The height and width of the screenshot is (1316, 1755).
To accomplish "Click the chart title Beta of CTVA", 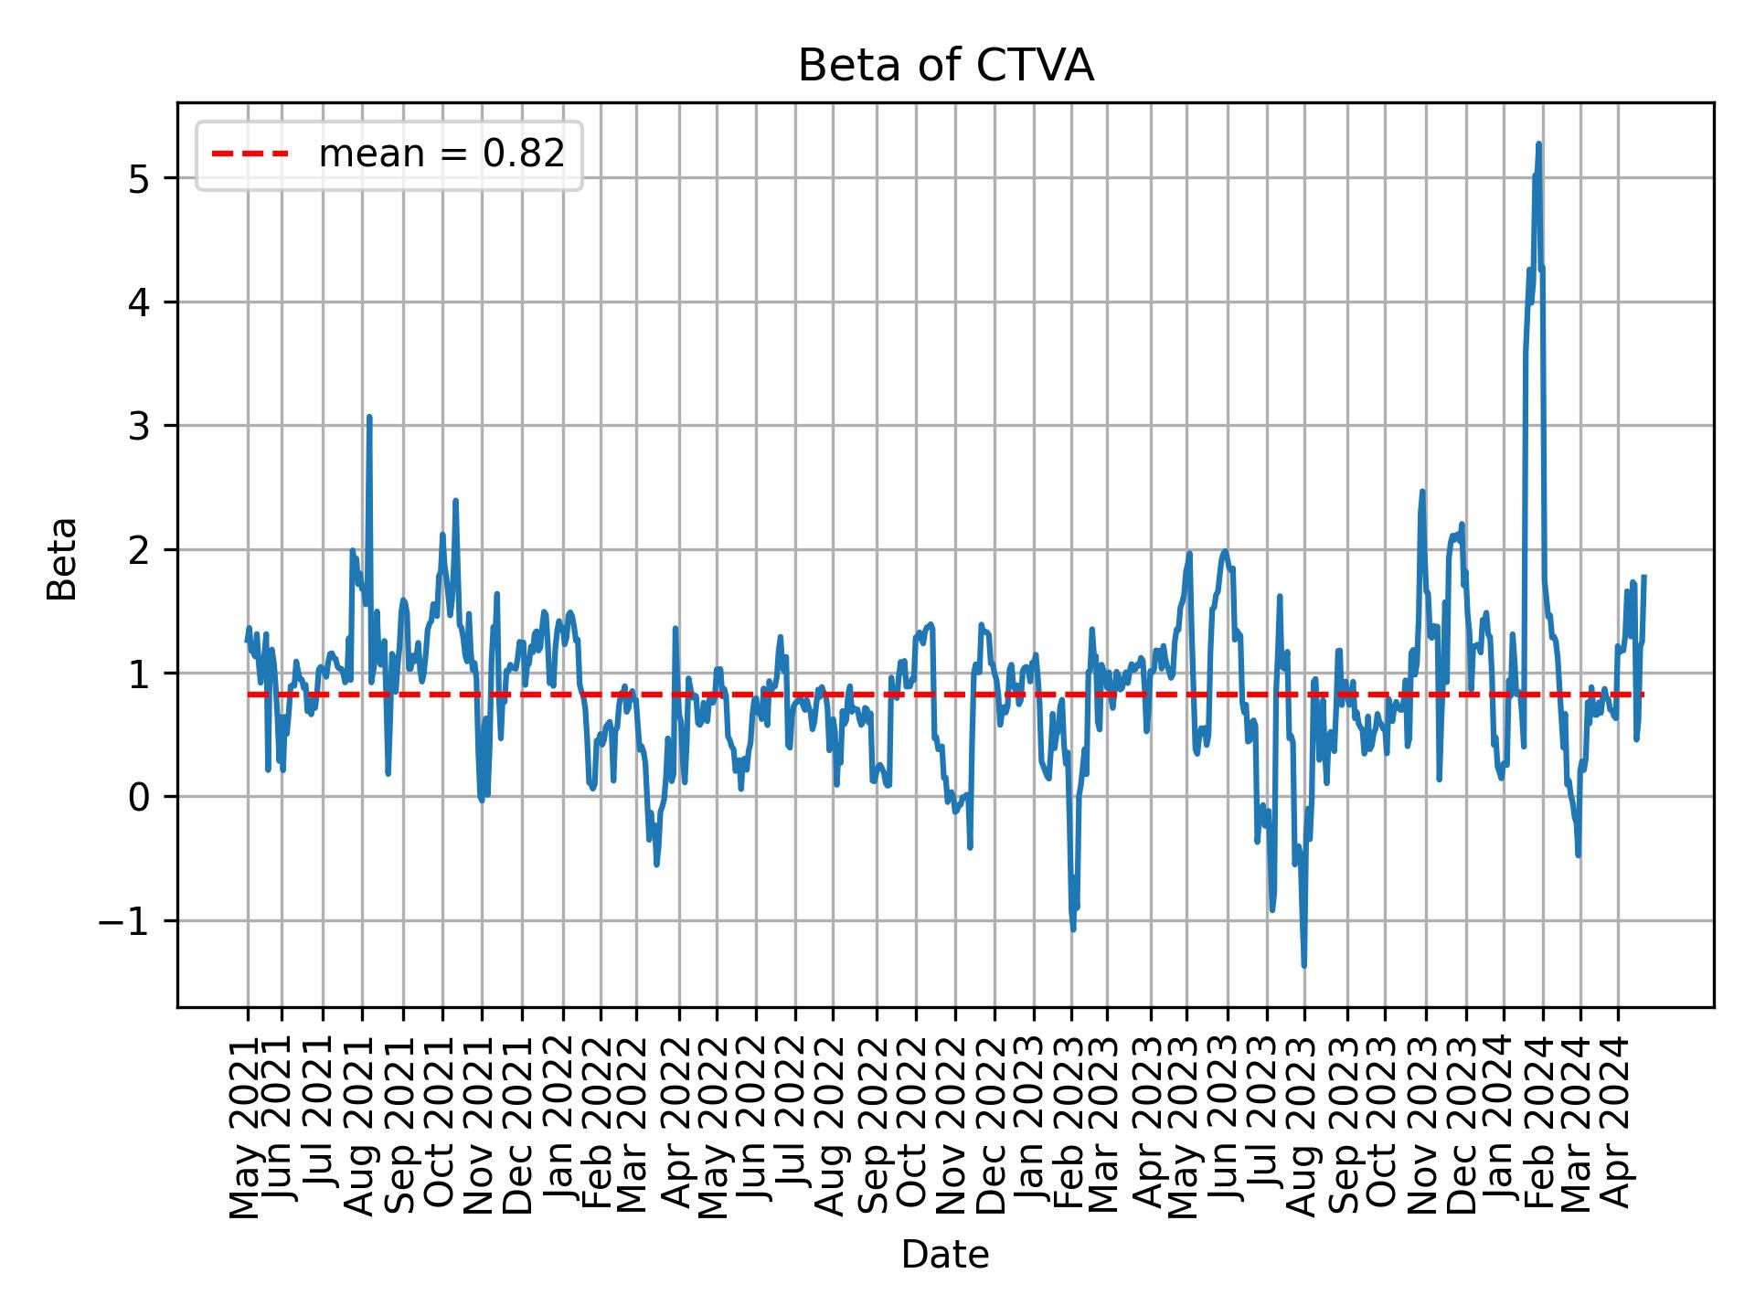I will [x=945, y=66].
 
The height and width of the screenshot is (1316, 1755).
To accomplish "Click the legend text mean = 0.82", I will [x=441, y=154].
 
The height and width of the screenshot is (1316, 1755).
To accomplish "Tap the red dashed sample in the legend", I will [x=250, y=154].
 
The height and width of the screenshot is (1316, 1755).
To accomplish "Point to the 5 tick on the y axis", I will [x=139, y=178].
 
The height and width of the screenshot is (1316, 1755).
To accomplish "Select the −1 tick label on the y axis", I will [x=124, y=921].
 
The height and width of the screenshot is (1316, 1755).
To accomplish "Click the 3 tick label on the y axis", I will [x=139, y=426].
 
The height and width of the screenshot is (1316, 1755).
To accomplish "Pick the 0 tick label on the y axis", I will [x=139, y=797].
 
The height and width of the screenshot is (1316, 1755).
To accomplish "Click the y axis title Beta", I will [x=62, y=558].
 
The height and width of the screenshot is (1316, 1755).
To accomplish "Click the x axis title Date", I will [x=945, y=1255].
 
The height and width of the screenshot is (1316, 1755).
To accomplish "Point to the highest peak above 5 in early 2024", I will [x=1538, y=143].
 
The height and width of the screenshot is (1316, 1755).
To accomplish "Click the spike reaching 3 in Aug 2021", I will [x=369, y=418].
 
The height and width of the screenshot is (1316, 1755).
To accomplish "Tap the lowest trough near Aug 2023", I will [x=1303, y=965].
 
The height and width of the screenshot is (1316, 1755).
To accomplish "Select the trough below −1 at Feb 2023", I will [x=1073, y=929].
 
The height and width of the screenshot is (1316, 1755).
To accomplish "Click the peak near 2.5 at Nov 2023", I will [x=1422, y=492].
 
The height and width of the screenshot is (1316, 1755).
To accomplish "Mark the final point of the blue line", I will [x=1643, y=577].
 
